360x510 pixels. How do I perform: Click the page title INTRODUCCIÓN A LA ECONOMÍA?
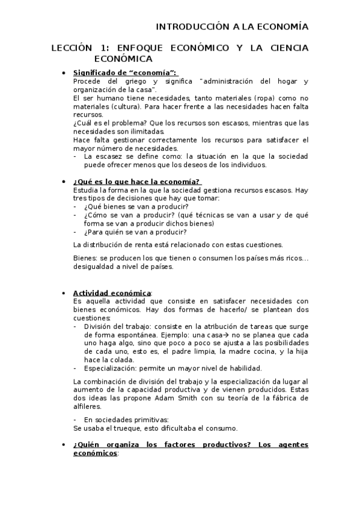pyautogui.click(x=232, y=26)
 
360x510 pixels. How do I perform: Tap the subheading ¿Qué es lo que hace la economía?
pyautogui.click(x=136, y=182)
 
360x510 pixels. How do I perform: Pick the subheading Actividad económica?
pyautogui.click(x=112, y=292)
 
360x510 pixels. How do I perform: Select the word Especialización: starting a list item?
pyautogui.click(x=114, y=368)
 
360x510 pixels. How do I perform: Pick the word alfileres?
pyautogui.click(x=87, y=407)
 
